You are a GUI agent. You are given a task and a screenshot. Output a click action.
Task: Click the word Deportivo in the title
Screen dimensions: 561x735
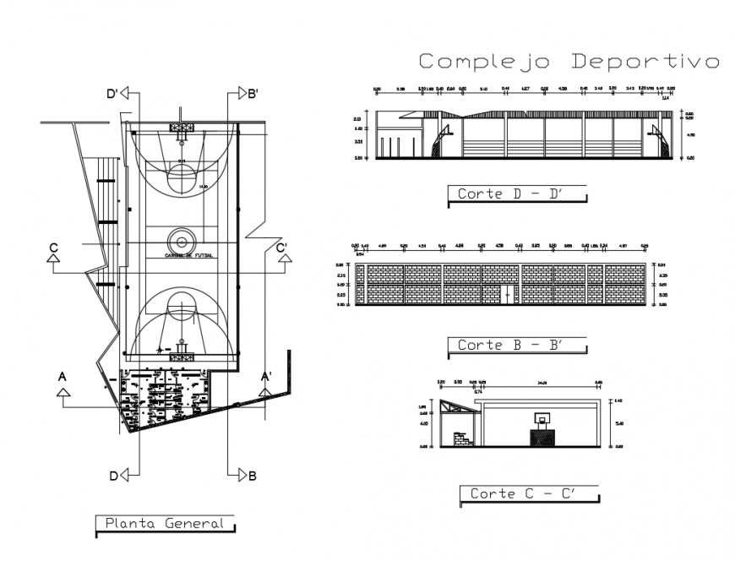tap(645, 61)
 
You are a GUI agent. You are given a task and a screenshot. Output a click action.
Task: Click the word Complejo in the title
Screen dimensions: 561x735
tap(486, 61)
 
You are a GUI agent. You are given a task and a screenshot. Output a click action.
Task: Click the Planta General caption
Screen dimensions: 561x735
tap(165, 523)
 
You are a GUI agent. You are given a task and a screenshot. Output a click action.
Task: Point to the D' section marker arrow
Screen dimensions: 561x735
tap(125, 94)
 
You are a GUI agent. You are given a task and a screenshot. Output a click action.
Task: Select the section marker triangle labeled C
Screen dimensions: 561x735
tap(54, 261)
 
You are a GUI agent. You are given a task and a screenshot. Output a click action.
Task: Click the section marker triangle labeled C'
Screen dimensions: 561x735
tap(281, 261)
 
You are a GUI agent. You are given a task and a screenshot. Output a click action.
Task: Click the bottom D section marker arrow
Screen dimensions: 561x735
tap(125, 475)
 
